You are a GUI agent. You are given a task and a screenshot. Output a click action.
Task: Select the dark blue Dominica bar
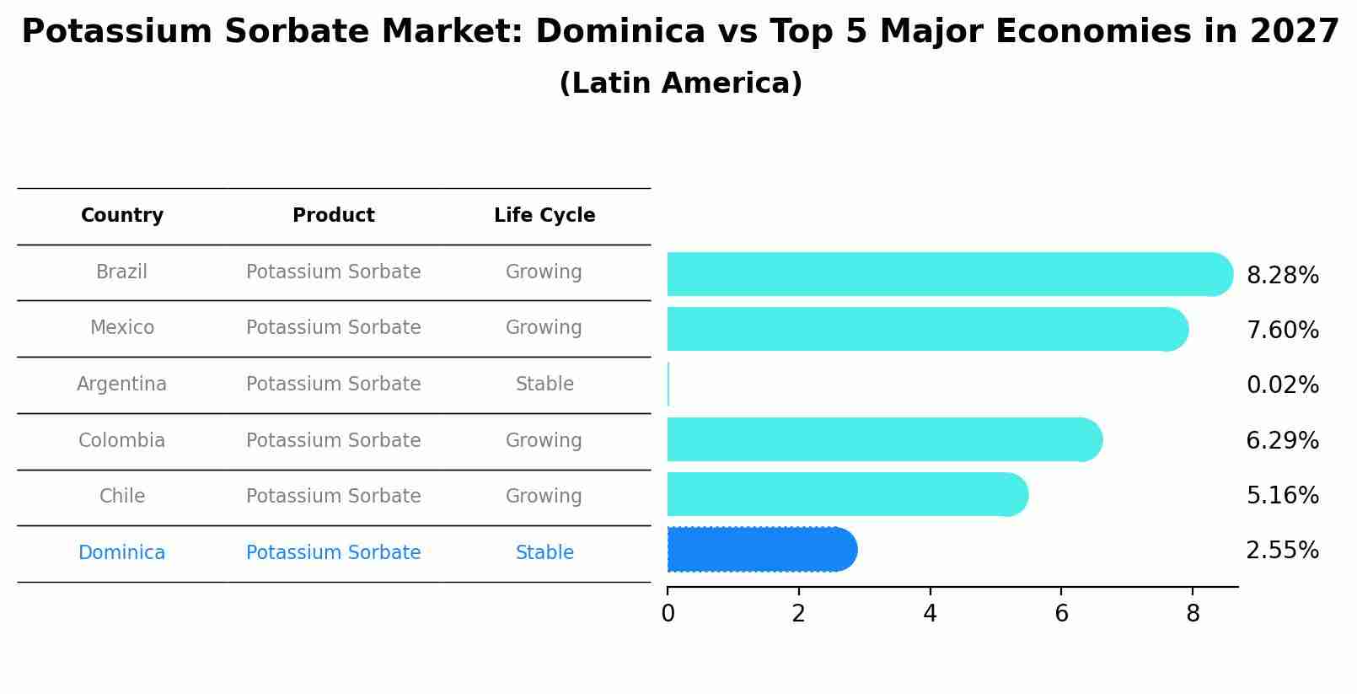(759, 550)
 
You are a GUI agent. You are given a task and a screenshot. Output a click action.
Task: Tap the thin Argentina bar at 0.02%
(668, 385)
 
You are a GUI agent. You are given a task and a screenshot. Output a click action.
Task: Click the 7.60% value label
(1282, 330)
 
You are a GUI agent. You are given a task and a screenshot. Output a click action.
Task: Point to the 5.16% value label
(1282, 495)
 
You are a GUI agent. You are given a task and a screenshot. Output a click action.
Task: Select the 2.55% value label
(1282, 551)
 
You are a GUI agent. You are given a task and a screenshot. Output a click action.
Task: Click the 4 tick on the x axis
(930, 614)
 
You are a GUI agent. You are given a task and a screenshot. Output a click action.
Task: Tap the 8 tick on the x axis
(1193, 614)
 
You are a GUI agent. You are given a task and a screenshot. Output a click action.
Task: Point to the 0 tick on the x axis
(668, 614)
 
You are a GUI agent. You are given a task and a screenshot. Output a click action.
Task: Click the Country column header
(122, 216)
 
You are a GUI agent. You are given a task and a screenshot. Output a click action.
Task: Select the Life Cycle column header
(544, 216)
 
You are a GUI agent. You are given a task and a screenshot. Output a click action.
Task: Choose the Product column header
(333, 216)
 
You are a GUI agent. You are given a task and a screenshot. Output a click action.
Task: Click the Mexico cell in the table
(122, 328)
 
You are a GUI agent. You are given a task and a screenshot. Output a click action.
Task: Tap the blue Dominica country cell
(122, 553)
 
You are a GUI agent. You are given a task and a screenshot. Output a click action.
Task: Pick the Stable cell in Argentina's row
(544, 385)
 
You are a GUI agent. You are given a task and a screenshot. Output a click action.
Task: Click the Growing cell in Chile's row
(544, 497)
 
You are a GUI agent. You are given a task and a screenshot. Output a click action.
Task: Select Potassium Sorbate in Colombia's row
(333, 441)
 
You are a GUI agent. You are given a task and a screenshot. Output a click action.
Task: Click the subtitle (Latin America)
(680, 83)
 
